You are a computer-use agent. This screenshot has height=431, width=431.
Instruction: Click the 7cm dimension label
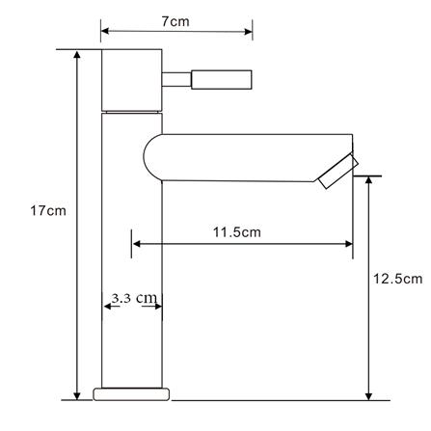tap(175, 21)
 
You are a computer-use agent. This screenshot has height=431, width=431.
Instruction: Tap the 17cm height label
tap(48, 211)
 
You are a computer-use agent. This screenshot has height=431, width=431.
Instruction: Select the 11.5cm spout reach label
tap(237, 232)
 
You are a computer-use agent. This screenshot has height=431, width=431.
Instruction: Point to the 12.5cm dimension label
tap(397, 279)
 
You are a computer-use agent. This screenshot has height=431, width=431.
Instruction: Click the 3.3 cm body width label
tap(134, 298)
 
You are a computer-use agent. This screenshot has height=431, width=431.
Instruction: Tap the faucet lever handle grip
tap(222, 79)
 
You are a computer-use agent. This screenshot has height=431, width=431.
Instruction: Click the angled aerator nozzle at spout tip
tap(338, 172)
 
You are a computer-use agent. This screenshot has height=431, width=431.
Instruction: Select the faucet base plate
tap(131, 394)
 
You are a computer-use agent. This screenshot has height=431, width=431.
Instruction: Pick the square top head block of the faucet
tap(132, 80)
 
